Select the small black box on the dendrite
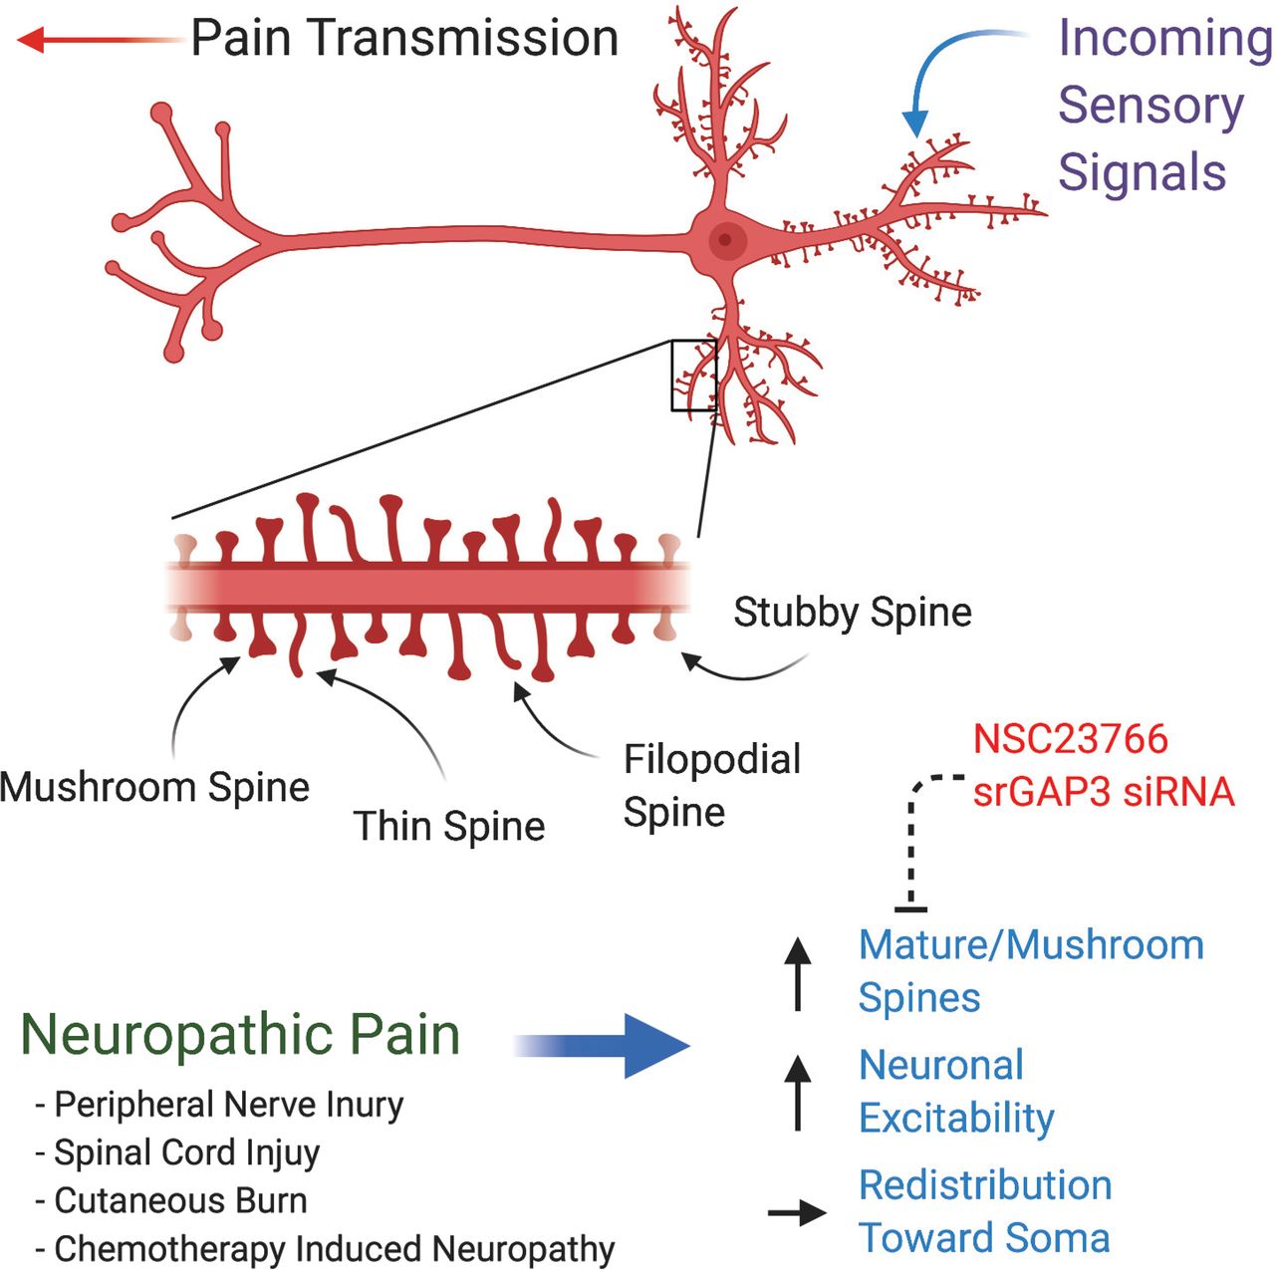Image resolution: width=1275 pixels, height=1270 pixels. (694, 376)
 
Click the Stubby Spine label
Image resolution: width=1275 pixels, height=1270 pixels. (853, 612)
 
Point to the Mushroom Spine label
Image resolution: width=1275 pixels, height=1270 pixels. (154, 787)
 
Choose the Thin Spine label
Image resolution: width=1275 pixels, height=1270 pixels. (449, 826)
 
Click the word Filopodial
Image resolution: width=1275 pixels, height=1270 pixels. (712, 760)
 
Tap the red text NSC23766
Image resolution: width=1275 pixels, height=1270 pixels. (1070, 739)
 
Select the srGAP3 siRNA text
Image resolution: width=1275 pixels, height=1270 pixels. (1104, 792)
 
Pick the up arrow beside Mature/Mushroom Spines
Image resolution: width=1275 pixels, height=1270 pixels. (797, 972)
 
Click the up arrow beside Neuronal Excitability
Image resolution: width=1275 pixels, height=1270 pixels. (797, 1093)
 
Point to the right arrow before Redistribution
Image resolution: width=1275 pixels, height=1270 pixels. (797, 1212)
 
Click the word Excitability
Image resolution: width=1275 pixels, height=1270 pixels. (956, 1118)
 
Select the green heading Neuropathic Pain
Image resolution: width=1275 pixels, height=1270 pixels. (240, 1034)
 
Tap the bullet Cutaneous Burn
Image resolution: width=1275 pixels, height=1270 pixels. (179, 1200)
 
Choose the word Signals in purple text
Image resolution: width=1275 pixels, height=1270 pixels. (1142, 172)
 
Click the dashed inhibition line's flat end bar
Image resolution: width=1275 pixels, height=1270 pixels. (910, 907)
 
